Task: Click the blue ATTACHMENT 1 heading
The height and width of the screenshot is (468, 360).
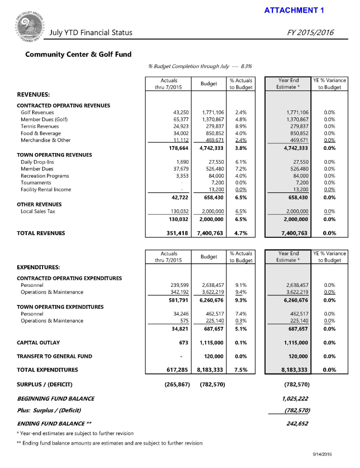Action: point(294,10)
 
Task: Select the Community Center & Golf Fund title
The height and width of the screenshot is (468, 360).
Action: point(78,54)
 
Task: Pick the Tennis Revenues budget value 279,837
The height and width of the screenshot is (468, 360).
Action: point(213,126)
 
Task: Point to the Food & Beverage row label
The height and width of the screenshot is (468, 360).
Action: point(41,133)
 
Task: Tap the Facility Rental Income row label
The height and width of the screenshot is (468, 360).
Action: point(46,190)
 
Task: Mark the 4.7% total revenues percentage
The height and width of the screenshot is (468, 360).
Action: point(241,233)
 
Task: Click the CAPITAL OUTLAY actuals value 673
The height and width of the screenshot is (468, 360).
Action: point(183,343)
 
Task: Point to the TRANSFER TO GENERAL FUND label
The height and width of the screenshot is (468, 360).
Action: point(54,356)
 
